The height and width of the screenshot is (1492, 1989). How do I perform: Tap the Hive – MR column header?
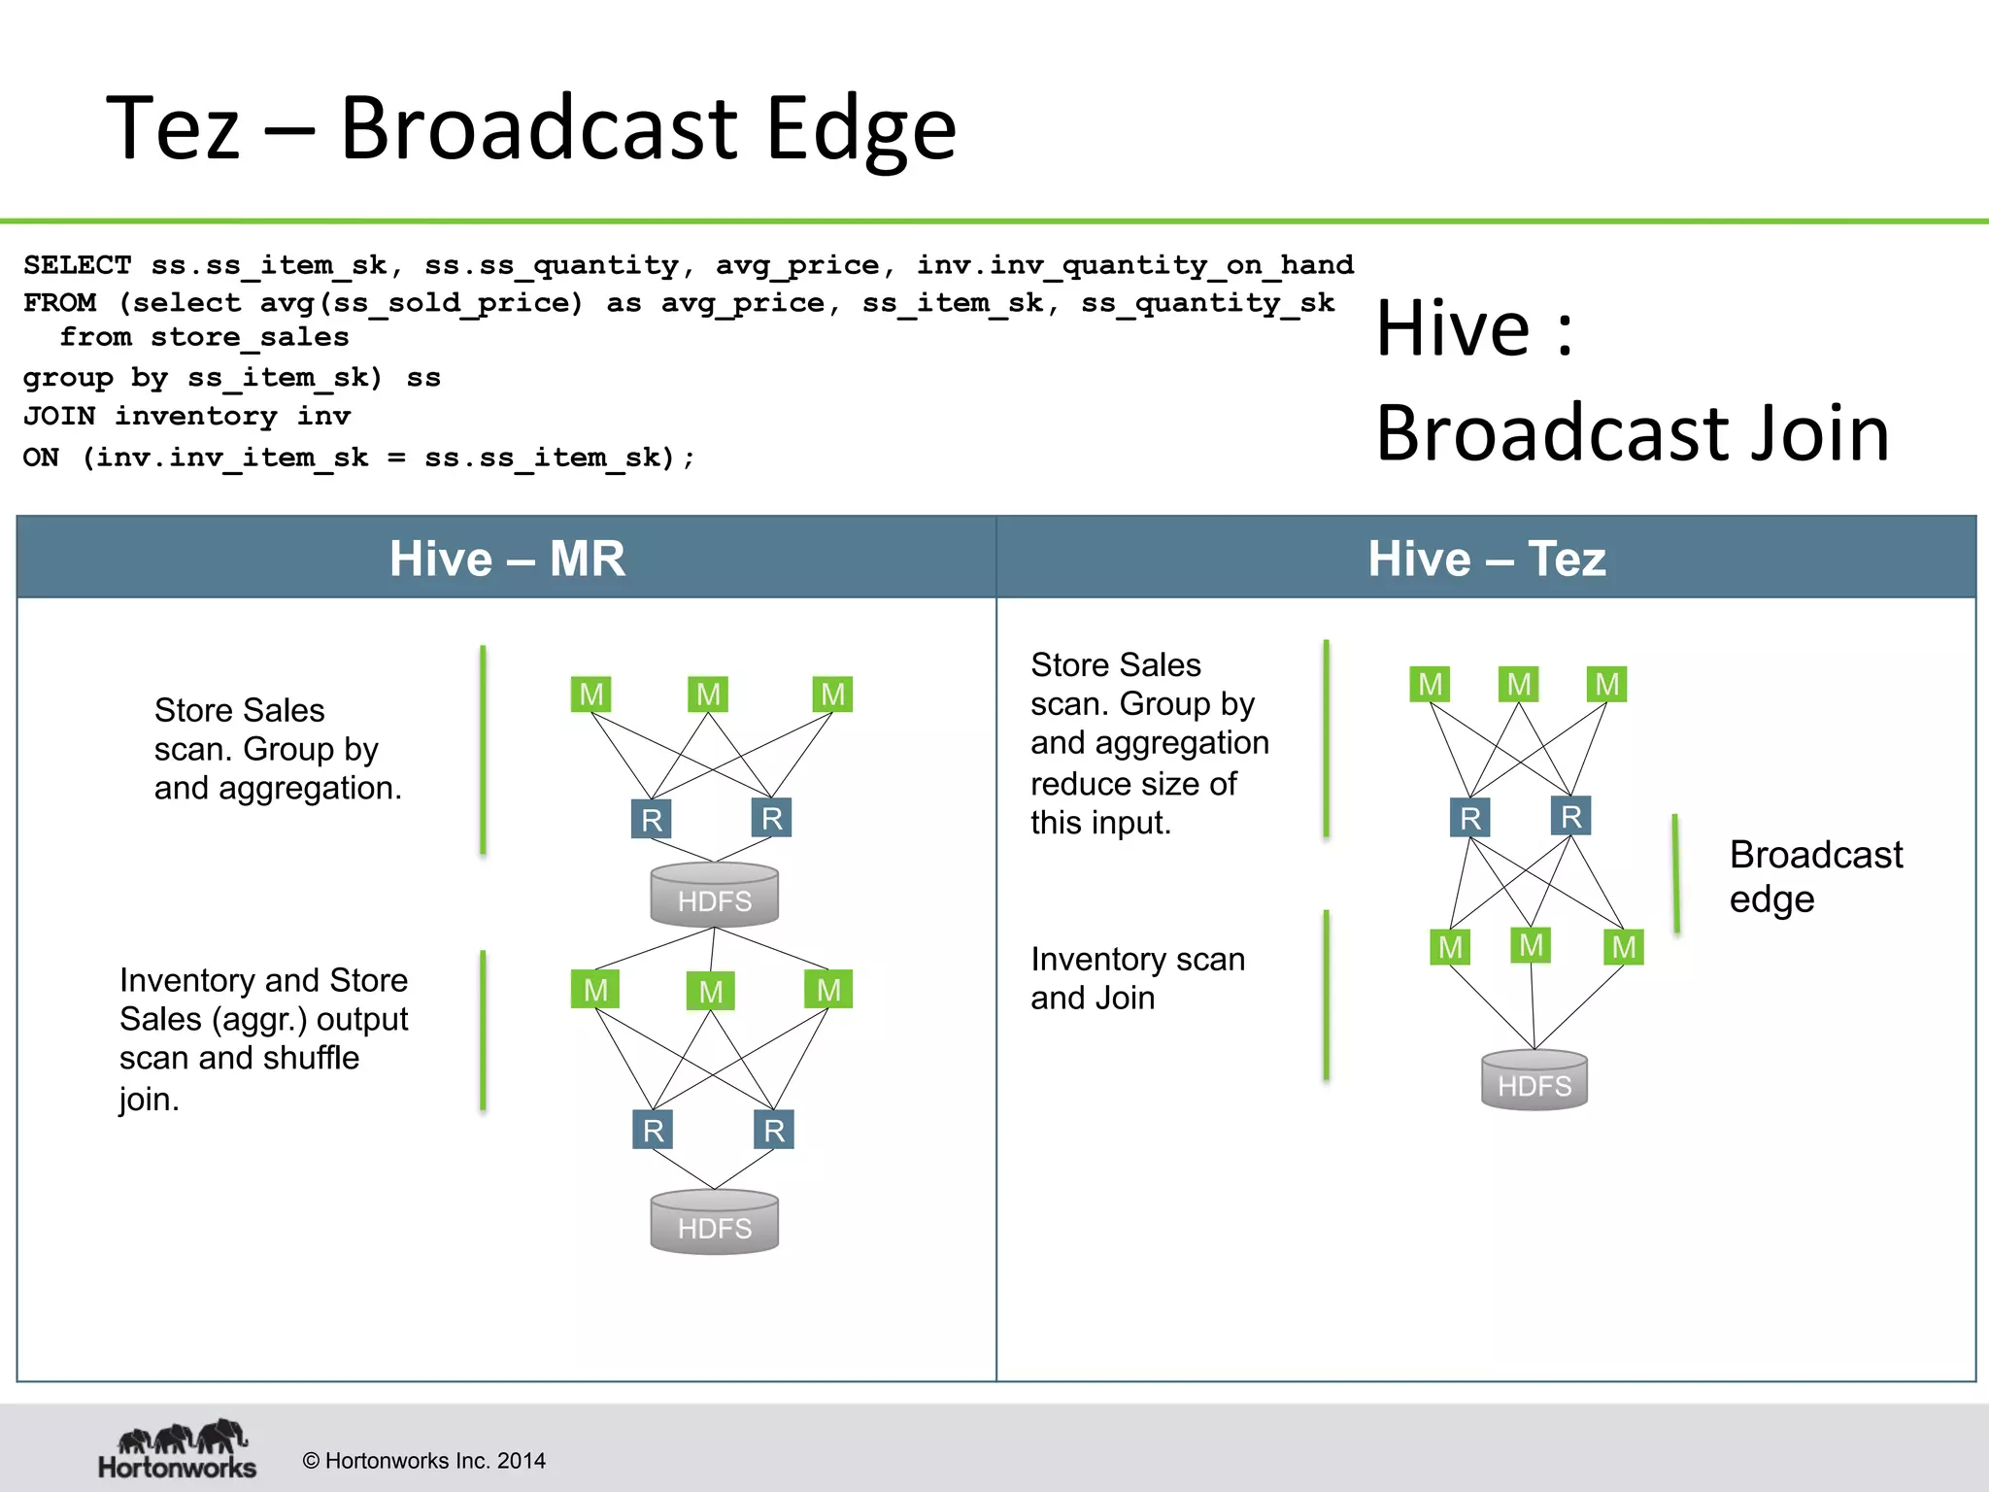tap(507, 559)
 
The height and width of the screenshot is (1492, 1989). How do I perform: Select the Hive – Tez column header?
tap(1486, 559)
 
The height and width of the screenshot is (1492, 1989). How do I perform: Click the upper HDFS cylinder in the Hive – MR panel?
tap(714, 895)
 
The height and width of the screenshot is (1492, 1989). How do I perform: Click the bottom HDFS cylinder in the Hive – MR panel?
tap(714, 1222)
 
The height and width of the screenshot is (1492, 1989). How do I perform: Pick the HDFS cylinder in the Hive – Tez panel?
tap(1534, 1079)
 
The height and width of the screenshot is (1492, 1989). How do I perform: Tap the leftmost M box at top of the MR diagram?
tap(590, 695)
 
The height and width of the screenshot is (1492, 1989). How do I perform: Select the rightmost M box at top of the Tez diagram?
tap(1606, 684)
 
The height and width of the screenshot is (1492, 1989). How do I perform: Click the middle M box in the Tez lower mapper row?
tap(1531, 944)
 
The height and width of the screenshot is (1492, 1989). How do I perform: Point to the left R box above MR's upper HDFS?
tap(652, 819)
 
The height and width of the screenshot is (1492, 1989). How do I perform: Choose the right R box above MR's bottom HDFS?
tap(774, 1130)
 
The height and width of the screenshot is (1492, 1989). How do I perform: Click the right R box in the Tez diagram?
tap(1570, 816)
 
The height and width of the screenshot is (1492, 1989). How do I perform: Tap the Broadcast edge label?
tap(1814, 876)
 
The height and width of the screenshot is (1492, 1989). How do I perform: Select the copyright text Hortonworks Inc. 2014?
tap(424, 1461)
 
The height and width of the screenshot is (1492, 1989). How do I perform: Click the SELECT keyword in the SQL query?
tap(77, 265)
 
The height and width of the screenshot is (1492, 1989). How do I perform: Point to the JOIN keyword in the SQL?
tap(58, 417)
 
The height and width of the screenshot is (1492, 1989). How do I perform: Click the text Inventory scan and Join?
tap(1136, 978)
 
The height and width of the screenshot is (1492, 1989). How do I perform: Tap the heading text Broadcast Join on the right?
tap(1632, 433)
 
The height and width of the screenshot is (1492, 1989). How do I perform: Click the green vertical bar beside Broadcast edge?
tap(1676, 874)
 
